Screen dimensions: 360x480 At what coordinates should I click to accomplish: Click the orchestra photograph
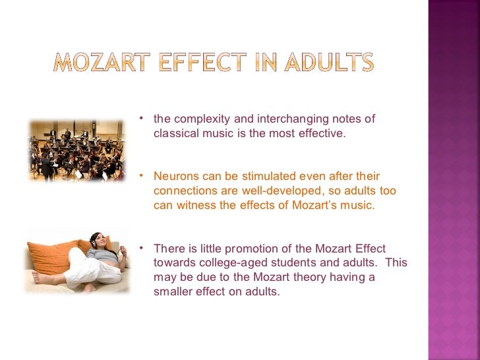76,150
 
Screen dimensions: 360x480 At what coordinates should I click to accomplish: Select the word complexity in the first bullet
201,119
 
